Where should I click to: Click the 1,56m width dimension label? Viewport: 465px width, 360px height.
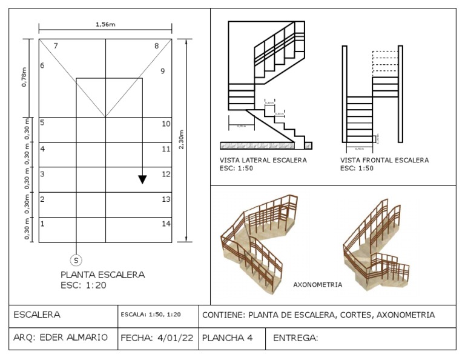(105, 24)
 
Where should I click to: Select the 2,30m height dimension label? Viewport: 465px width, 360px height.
(181, 139)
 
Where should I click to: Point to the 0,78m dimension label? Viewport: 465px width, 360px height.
(25, 77)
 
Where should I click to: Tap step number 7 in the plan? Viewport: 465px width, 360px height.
(56, 46)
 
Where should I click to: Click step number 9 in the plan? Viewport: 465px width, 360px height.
(162, 71)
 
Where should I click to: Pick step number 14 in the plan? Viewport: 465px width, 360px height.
(166, 224)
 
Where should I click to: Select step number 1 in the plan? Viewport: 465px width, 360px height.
(42, 224)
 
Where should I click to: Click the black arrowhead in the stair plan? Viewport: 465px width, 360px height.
(142, 179)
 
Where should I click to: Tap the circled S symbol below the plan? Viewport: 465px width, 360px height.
(76, 260)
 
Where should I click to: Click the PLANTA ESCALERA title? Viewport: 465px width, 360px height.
(102, 275)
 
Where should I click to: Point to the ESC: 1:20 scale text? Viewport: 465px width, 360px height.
(84, 285)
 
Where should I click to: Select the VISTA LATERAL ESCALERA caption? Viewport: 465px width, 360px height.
(263, 161)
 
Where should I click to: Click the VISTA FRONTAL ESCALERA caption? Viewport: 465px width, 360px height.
(384, 161)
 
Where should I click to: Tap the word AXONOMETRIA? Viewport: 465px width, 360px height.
(317, 284)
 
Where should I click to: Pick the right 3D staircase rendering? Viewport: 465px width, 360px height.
(376, 242)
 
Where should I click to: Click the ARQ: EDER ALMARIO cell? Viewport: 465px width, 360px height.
(61, 338)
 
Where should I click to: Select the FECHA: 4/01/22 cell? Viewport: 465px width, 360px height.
(157, 338)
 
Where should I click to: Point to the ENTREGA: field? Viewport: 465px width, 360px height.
(295, 338)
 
